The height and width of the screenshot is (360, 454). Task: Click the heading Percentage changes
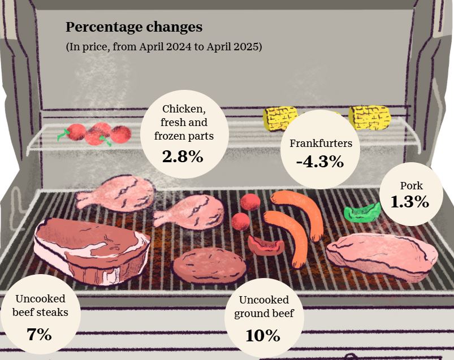coord(134,27)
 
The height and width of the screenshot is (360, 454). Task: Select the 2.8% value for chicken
coord(183,157)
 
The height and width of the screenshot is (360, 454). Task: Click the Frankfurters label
coord(321,144)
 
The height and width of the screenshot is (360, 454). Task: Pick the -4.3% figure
coord(320,162)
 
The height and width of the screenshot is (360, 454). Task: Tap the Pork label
coord(411,185)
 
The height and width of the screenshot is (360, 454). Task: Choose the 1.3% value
coord(410,202)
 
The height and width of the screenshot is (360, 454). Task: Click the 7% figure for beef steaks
coord(40,334)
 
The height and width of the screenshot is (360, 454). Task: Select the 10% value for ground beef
coord(263,335)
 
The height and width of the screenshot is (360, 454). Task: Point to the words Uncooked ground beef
coord(263,307)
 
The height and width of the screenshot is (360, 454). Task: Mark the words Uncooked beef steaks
coord(41,305)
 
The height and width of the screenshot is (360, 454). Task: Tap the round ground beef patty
coord(209,264)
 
